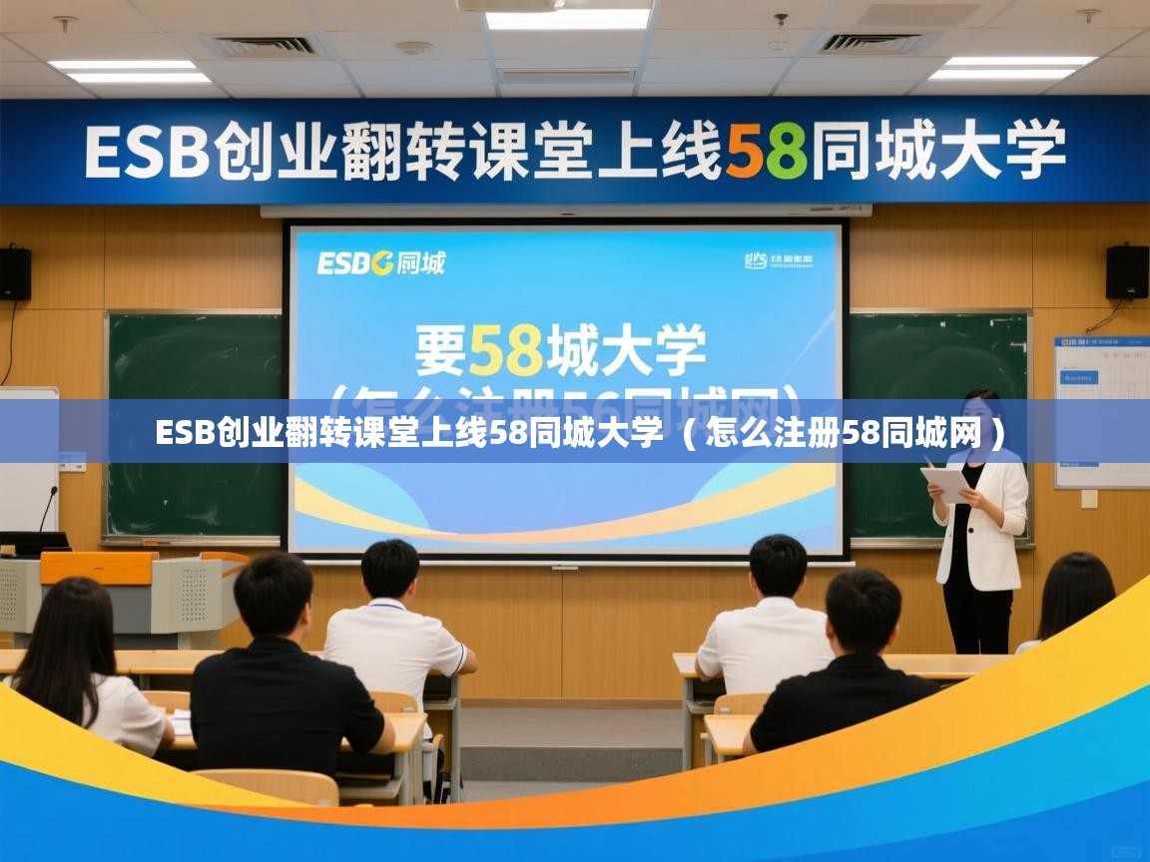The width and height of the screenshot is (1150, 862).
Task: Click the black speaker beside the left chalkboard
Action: point(14,273)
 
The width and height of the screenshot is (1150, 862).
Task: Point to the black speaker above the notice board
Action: point(1127,271)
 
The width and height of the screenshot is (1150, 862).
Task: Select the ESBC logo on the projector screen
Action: point(380,263)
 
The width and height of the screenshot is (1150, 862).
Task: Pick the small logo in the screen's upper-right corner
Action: point(779,261)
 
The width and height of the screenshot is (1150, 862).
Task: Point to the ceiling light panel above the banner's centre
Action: point(567,19)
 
